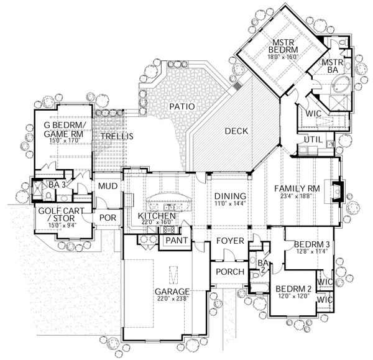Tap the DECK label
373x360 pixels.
pos(237,131)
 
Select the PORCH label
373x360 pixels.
pos(226,272)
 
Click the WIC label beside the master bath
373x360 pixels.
pos(310,114)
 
